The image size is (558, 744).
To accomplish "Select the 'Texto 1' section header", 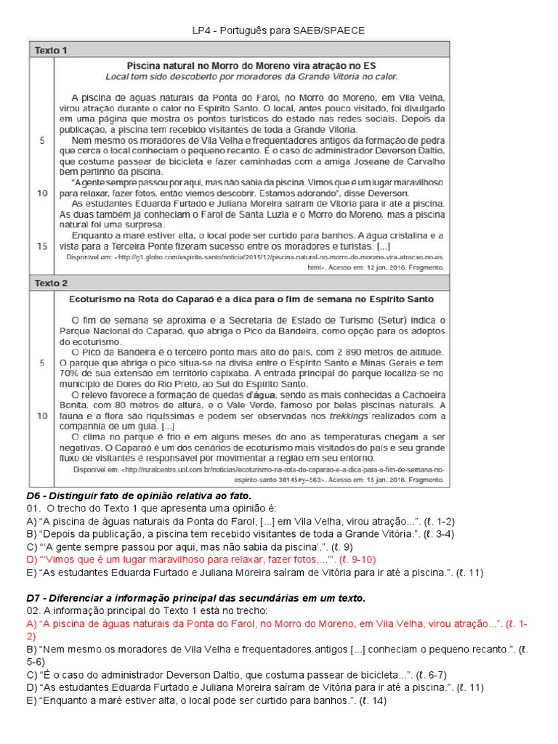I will pyautogui.click(x=52, y=50).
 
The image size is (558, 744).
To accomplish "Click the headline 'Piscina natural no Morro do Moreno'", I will pyautogui.click(x=251, y=65).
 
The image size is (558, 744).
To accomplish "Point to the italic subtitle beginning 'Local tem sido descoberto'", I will pyautogui.click(x=251, y=76).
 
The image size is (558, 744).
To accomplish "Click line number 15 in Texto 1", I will pyautogui.click(x=42, y=246).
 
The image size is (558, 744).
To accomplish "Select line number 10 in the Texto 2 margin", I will pyautogui.click(x=42, y=416).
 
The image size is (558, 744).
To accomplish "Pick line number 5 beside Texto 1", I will pyautogui.click(x=42, y=139).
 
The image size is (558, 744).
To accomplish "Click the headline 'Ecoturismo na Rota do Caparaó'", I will pyautogui.click(x=251, y=299).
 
